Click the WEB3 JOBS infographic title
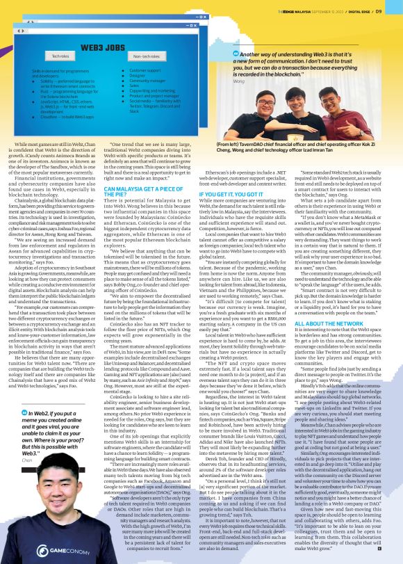click(103, 47)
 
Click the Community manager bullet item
click(147, 80)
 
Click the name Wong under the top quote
click(240, 81)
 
